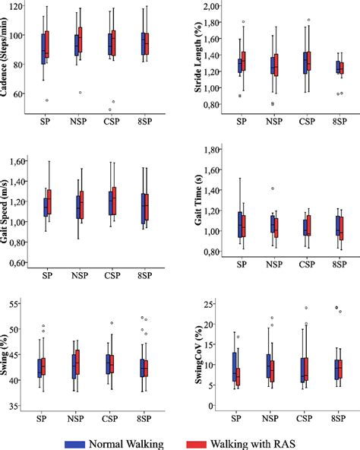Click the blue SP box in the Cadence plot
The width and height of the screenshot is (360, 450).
tap(43, 49)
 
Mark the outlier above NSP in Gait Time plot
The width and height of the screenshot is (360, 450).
tap(273, 188)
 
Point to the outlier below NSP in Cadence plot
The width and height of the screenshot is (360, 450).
tap(80, 93)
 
